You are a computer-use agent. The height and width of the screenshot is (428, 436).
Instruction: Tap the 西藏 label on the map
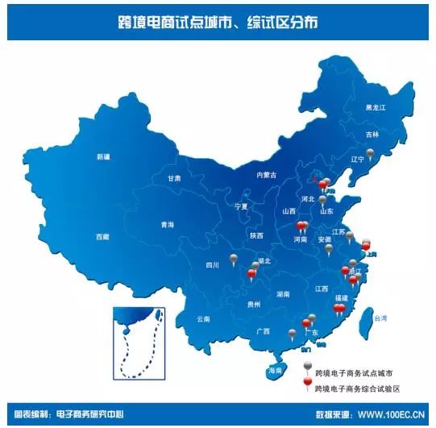pos(102,237)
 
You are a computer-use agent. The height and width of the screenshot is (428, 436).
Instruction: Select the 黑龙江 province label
pos(376,108)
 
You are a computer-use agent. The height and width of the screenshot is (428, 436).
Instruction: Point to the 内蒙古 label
pos(265,175)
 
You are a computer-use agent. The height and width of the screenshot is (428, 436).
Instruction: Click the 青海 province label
pos(167,225)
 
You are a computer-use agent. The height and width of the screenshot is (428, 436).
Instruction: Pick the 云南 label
pos(202,319)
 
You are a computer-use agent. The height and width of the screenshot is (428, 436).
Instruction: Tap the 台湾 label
pos(388,318)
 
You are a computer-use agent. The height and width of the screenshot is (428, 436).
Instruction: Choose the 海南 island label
pos(275,371)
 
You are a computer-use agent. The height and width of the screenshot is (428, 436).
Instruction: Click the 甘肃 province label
pos(174,178)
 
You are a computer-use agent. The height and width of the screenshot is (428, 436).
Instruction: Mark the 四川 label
pos(213,264)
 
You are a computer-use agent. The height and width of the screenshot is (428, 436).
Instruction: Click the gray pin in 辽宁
pos(370,153)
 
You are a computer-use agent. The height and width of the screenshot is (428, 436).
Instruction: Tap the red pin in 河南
pos(302,226)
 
